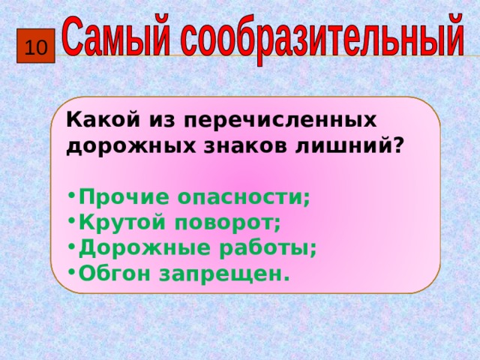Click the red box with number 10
point(35,49)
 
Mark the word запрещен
point(224,274)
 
